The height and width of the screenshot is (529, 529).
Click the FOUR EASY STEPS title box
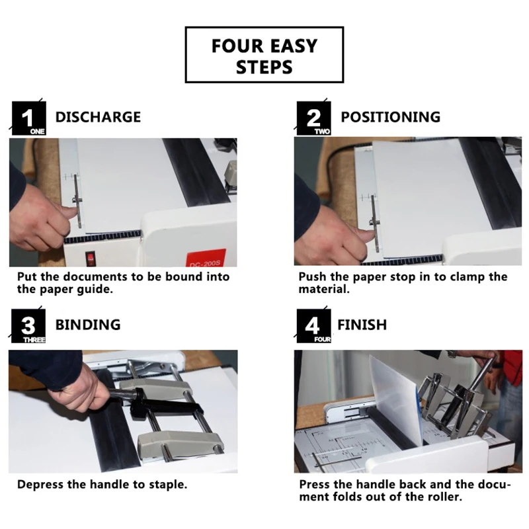pos(264,55)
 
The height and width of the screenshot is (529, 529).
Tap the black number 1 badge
pos(28,118)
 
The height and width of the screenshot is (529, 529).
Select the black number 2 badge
pos(313,118)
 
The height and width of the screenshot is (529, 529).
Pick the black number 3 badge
pos(28,326)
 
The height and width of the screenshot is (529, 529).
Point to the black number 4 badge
pos(313,326)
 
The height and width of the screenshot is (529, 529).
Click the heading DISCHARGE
pos(98,117)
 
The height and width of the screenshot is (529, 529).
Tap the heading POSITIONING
pos(391,117)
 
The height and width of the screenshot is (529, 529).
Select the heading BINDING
pos(88,325)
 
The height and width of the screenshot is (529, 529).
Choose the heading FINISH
pos(362,325)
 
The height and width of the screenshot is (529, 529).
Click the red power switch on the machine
pos(91,259)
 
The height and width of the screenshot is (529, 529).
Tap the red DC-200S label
pos(206,259)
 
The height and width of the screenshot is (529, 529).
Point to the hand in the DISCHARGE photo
pos(40,220)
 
